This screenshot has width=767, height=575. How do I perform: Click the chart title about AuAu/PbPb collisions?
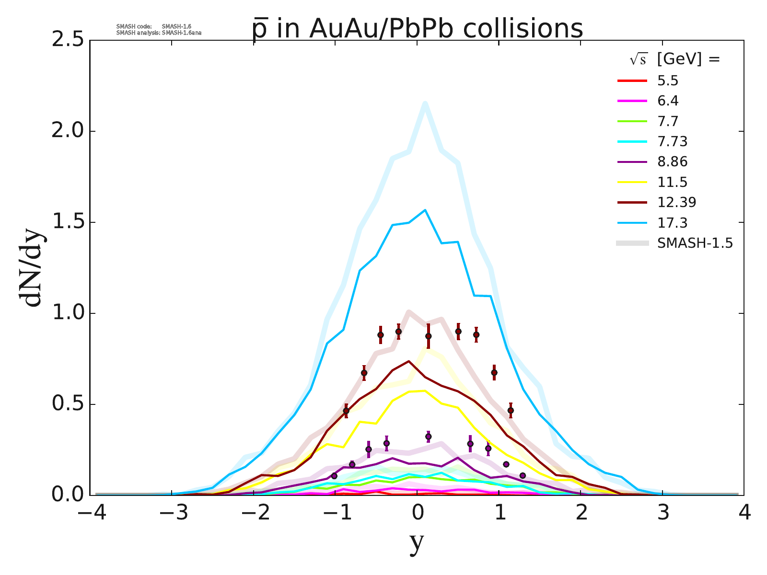point(417,29)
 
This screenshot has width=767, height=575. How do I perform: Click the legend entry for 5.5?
point(668,81)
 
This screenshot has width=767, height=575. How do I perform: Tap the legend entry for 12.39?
point(676,202)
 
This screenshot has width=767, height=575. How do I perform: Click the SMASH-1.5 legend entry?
point(695,243)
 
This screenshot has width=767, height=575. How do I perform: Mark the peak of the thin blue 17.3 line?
point(425,210)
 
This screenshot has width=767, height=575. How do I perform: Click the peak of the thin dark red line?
point(409,361)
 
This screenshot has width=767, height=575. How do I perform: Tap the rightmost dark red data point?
point(511,411)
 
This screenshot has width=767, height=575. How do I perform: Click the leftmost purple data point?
point(334,476)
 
